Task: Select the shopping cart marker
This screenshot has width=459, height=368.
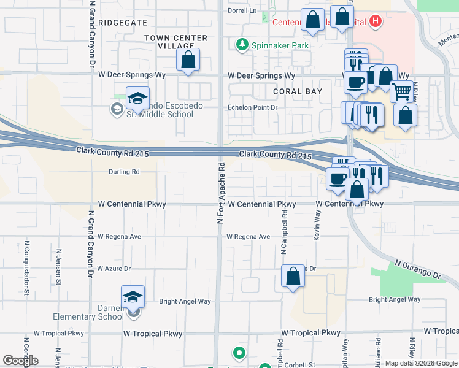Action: pos(402,92)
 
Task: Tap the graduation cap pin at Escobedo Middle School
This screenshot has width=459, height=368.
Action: pos(138,98)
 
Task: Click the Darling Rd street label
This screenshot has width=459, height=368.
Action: pos(124,172)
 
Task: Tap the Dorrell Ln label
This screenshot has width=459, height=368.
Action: pos(242,10)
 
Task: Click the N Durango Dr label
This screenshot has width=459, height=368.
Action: pos(418,269)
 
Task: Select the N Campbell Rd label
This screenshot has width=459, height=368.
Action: pos(284,234)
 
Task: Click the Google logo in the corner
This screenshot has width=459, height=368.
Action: pos(20,361)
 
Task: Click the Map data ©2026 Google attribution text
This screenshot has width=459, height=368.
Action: pos(421,363)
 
